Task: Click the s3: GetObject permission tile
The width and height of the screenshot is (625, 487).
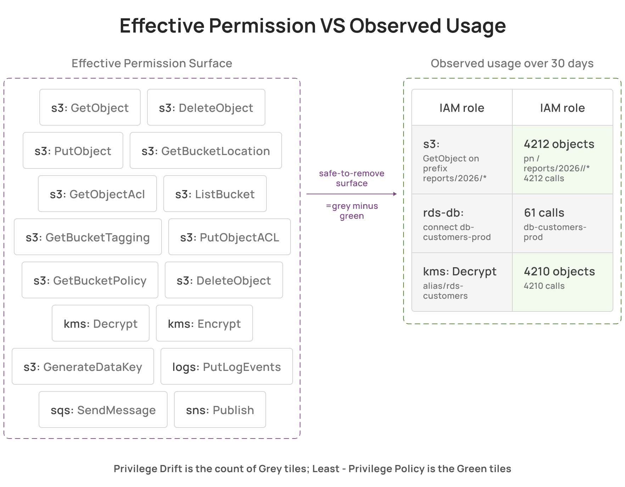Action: pyautogui.click(x=90, y=107)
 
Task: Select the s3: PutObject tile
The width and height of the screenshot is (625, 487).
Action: pyautogui.click(x=73, y=150)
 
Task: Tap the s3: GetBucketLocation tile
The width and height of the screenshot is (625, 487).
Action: pyautogui.click(x=206, y=150)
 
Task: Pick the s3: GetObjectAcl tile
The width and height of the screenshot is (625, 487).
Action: pyautogui.click(x=97, y=194)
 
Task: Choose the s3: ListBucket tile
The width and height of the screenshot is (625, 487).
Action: pyautogui.click(x=215, y=194)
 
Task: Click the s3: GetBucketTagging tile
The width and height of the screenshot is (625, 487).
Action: pyautogui.click(x=88, y=237)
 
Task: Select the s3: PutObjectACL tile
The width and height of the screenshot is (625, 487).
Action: pyautogui.click(x=230, y=237)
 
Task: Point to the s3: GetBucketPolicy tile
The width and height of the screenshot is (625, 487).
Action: pyautogui.click(x=90, y=280)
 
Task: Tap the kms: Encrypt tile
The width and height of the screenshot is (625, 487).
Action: pyautogui.click(x=204, y=323)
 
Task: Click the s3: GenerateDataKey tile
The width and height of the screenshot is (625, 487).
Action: pyautogui.click(x=83, y=366)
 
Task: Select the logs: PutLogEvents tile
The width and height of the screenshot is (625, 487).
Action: pyautogui.click(x=227, y=366)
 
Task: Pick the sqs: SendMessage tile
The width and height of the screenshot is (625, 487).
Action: pyautogui.click(x=103, y=409)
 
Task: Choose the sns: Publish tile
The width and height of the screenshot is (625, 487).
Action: pyautogui.click(x=220, y=409)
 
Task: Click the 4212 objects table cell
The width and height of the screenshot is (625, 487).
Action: pyautogui.click(x=563, y=160)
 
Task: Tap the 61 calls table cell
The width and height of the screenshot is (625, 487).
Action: pyautogui.click(x=563, y=223)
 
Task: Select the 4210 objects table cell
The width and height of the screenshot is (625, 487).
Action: pyautogui.click(x=563, y=282)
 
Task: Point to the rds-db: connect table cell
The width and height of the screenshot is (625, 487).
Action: pyautogui.click(x=462, y=223)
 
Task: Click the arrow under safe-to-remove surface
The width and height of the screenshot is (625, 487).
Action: pyautogui.click(x=351, y=194)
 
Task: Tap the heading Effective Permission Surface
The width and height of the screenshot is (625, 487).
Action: pyautogui.click(x=152, y=63)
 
